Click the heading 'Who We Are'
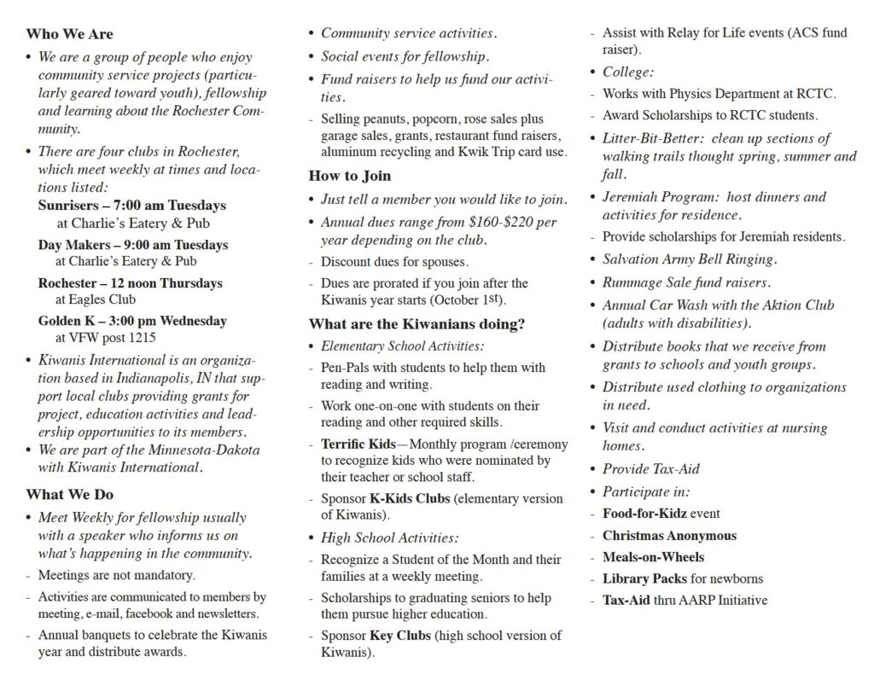point(69,34)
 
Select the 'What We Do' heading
point(69,494)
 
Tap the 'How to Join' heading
point(350,176)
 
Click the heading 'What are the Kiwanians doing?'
point(417,324)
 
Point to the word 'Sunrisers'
point(68,206)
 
